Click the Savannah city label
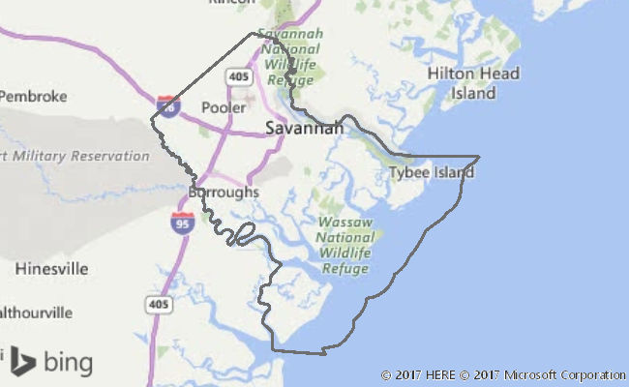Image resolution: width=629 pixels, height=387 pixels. point(304,128)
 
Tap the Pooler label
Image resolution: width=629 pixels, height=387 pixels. point(224,107)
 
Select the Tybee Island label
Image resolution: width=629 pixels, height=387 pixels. point(432,173)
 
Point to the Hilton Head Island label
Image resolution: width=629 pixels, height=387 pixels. point(473,83)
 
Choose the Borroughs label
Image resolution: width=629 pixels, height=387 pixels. point(224,193)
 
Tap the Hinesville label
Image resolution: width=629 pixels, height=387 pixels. point(52,268)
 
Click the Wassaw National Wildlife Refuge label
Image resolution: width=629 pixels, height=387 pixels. point(345,237)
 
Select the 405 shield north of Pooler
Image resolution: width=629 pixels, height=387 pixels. point(239,75)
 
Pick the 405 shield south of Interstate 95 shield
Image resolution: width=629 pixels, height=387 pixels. point(160,304)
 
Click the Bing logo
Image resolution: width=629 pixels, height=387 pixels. point(52,363)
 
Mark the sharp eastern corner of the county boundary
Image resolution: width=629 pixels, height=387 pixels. point(479,156)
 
